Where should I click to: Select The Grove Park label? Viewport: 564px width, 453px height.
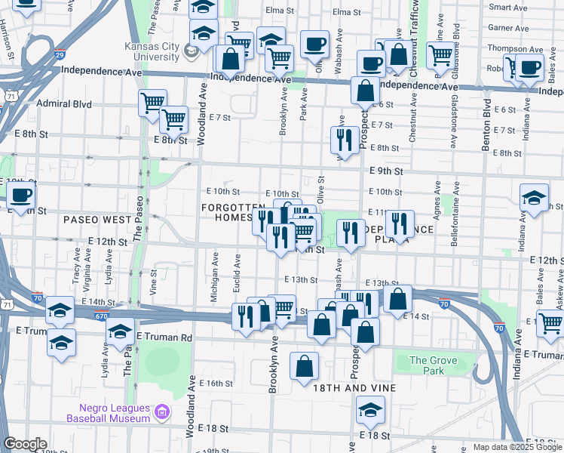coord(433,365)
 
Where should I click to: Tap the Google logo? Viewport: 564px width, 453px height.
coord(25,444)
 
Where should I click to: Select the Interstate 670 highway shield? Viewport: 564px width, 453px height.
coord(101,315)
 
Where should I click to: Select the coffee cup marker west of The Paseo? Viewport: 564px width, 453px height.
coord(21,195)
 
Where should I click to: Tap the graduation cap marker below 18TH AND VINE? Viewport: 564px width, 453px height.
coord(370,410)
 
